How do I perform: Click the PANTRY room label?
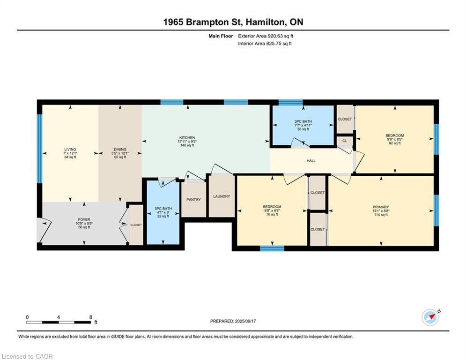tap(193, 200)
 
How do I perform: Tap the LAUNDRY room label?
tap(222, 196)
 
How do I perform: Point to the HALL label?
tap(311, 161)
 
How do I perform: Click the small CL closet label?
tap(345, 141)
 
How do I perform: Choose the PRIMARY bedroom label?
tap(381, 207)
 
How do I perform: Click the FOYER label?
tap(84, 219)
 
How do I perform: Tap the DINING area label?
tap(120, 150)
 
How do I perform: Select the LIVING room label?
tap(70, 150)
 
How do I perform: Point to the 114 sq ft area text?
tap(381, 215)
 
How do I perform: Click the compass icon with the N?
tap(430, 317)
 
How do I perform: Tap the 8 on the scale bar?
tap(90, 317)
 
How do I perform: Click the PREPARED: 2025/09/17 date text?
tap(233, 321)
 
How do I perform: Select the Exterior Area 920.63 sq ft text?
tap(266, 36)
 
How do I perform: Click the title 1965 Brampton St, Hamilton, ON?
tap(233, 22)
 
